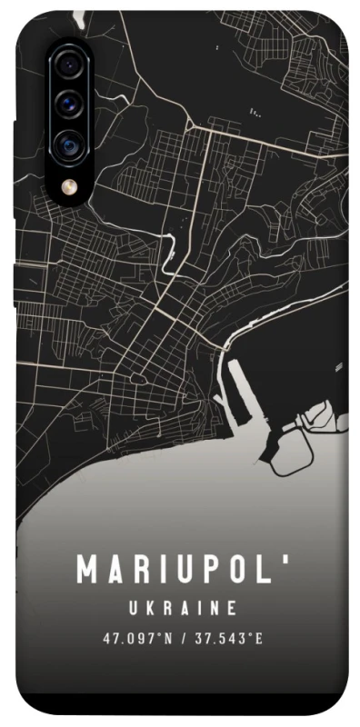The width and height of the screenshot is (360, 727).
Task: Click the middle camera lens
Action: [69, 105]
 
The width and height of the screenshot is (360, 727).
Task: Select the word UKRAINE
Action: [182, 607]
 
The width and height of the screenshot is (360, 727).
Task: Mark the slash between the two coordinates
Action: [184, 639]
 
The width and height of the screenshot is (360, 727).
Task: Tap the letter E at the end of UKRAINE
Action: [233, 607]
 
